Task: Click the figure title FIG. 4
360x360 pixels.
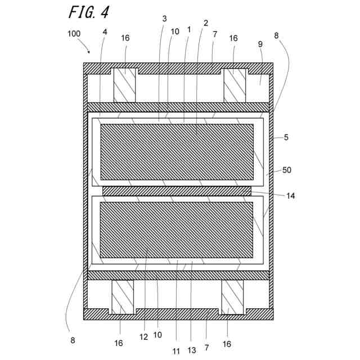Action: [89, 11]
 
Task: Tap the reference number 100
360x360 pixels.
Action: [74, 34]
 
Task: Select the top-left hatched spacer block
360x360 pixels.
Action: [125, 85]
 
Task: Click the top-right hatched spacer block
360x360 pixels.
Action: [235, 85]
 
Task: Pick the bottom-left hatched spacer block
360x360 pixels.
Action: [123, 297]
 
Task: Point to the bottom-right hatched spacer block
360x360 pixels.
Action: [232, 297]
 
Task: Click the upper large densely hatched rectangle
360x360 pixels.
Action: [177, 151]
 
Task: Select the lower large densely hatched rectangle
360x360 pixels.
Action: [177, 229]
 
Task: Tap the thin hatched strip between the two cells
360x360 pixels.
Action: [177, 191]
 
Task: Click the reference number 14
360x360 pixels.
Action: [290, 196]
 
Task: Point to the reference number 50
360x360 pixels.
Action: [287, 170]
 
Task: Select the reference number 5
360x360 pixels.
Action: [286, 137]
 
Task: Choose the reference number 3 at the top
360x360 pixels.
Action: [164, 19]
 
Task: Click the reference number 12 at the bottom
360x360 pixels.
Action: [145, 336]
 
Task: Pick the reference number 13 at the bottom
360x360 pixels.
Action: [192, 350]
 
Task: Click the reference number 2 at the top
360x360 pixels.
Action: [206, 23]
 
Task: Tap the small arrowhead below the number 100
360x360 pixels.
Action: [88, 51]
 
